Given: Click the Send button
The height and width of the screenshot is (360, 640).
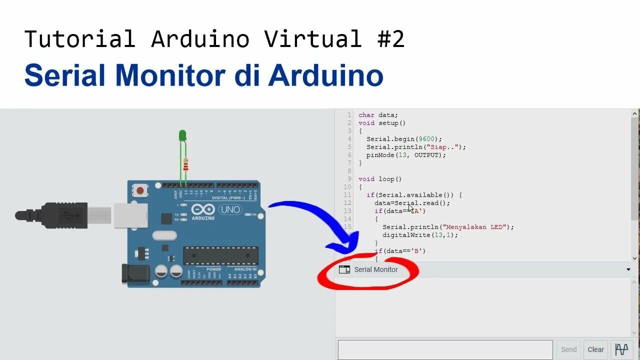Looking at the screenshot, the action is coord(568,349).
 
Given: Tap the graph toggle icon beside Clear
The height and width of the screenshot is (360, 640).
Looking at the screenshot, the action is coord(621,349).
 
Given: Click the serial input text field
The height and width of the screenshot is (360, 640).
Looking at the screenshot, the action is coord(445,349).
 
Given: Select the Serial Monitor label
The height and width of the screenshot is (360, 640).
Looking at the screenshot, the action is coord(376,269).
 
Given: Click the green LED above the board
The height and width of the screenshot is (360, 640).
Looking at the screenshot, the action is coord(182,135).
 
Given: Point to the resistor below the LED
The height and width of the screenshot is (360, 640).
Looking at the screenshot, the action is coord(186,163).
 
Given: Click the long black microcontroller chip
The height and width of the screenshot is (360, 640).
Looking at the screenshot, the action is coord(220,255).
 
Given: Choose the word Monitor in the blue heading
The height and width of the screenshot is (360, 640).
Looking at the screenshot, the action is coord(170,76).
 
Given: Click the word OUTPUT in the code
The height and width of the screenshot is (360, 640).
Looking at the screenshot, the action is coord(427,155).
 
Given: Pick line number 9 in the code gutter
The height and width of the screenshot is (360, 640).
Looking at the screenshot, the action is coord(349,179).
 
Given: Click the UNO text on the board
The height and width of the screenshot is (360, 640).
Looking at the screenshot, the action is coord(230,209).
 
